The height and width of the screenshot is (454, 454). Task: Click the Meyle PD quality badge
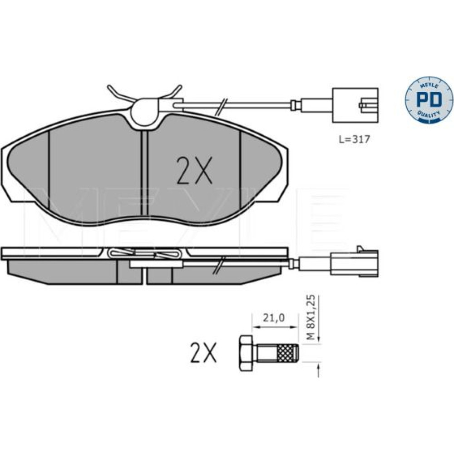[x=429, y=99]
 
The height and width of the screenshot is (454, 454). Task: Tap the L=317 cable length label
[x=355, y=139]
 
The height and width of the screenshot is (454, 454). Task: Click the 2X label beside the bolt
[x=203, y=352]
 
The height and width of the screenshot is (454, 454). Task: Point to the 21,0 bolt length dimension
[x=274, y=318]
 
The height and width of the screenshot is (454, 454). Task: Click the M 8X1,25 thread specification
[x=311, y=317]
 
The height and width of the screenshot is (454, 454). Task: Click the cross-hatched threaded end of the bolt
[x=287, y=353]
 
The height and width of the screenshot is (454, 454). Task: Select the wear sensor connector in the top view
[x=355, y=105]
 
